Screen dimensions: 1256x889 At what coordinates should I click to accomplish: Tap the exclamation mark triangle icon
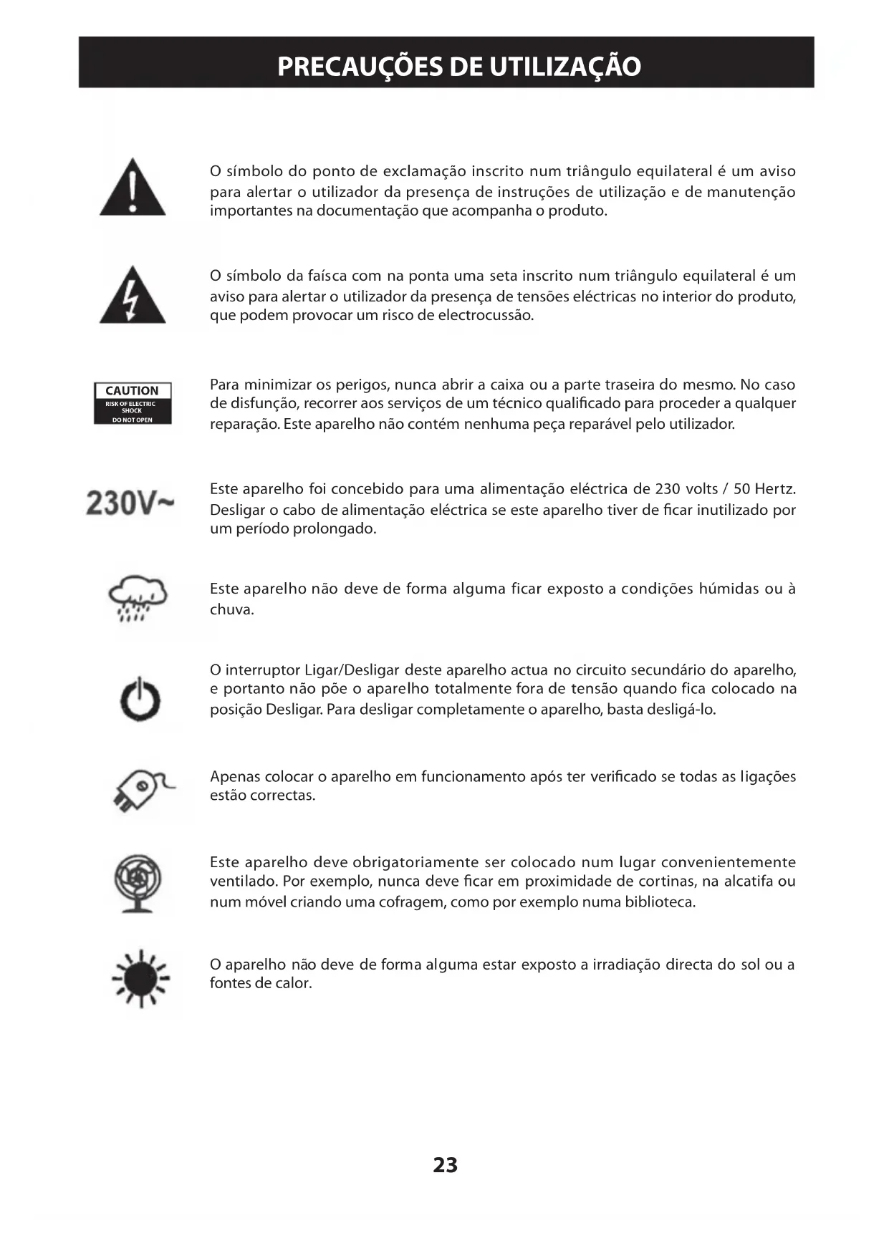tap(133, 188)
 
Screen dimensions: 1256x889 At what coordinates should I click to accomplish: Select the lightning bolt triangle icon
tap(133, 295)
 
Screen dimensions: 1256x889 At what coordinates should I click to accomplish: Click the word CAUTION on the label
tap(132, 390)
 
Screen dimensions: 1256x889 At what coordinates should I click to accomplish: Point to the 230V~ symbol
tap(130, 503)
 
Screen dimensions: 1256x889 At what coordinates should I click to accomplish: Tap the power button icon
tap(140, 699)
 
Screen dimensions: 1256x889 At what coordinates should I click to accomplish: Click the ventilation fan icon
tap(138, 883)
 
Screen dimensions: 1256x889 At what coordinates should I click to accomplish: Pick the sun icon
tap(142, 977)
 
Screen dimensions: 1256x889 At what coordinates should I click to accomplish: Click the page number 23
tap(445, 1165)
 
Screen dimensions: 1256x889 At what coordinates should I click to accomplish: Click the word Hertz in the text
tap(774, 489)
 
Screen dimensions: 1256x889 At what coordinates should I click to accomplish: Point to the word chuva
tap(231, 610)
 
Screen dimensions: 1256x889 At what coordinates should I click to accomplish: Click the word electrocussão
tap(486, 316)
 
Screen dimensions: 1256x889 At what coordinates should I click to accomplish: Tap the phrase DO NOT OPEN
tap(133, 420)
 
